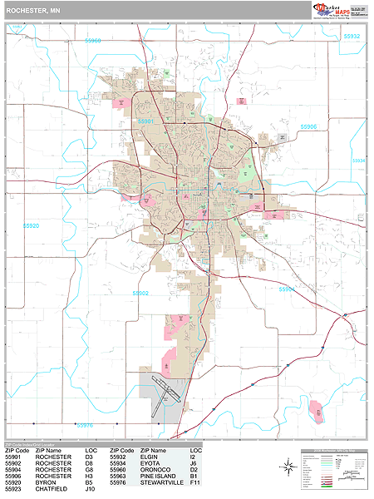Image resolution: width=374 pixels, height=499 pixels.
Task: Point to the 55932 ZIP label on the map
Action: click(x=351, y=37)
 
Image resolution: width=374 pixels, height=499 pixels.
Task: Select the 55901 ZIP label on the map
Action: click(x=146, y=121)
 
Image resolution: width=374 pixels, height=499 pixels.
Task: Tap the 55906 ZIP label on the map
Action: click(x=308, y=126)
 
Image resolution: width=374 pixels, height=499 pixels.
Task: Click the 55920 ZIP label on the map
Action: click(x=31, y=225)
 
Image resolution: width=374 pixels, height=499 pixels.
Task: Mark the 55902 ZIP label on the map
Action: click(x=140, y=293)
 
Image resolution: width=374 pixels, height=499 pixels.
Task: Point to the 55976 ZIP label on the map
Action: click(x=86, y=424)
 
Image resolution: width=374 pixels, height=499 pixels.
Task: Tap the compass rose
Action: click(x=286, y=468)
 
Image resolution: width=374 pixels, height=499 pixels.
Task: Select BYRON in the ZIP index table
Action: click(x=47, y=481)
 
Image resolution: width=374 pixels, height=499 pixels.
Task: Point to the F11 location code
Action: click(x=195, y=481)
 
